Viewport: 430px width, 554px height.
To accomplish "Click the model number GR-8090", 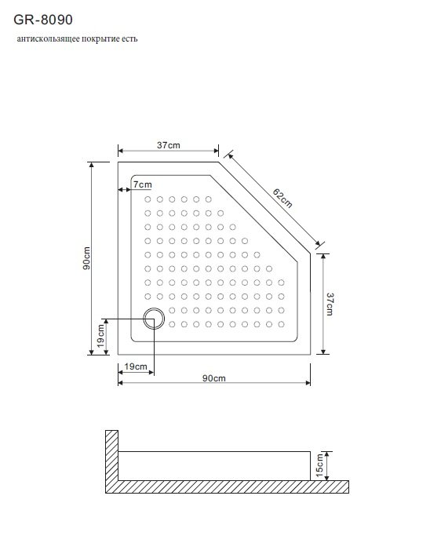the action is tap(43, 20).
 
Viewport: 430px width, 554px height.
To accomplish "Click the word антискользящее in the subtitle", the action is tap(49, 38).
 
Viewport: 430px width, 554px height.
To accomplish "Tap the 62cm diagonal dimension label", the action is tap(282, 199).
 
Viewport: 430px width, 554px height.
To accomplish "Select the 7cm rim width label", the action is tap(142, 184).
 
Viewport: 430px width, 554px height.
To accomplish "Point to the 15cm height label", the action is tap(319, 465).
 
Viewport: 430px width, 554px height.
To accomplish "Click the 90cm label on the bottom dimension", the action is tap(213, 378).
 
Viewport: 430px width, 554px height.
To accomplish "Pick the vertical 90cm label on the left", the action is tap(86, 258).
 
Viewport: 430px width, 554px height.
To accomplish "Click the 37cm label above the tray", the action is tap(169, 145).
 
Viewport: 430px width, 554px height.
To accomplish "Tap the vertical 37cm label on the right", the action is tap(330, 304).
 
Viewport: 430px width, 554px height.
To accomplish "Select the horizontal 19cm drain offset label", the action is tap(136, 366).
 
